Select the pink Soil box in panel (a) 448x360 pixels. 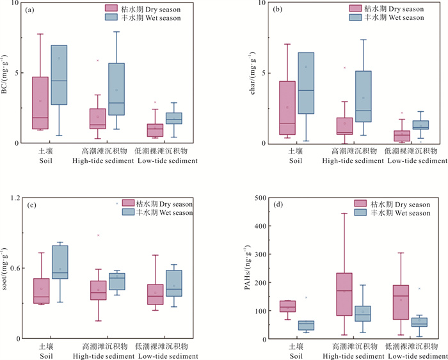pos(40,103)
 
